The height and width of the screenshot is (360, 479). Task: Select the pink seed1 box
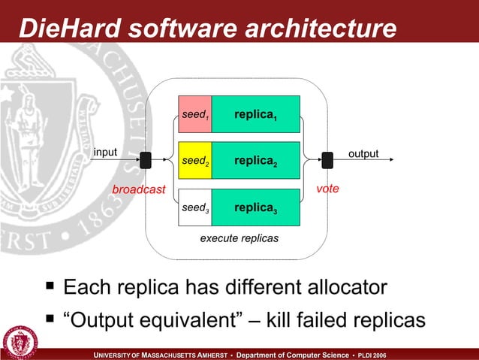pos(194,115)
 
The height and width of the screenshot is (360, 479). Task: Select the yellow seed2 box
pos(194,161)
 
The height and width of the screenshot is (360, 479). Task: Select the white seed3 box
pos(194,207)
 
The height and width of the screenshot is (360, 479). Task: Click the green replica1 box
pos(256,115)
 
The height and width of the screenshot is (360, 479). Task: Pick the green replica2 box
pos(256,161)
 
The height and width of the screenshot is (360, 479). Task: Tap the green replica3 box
pos(256,207)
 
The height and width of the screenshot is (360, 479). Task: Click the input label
pos(105,152)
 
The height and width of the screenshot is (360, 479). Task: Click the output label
pos(363,153)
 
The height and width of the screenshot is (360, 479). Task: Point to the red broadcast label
pos(138,189)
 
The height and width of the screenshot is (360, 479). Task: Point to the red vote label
pos(327,189)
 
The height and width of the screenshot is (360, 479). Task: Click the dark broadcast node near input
pos(146,160)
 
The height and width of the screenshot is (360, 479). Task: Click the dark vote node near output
pos(327,160)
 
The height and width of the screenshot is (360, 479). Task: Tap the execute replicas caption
pos(239,237)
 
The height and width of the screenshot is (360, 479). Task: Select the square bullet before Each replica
pos(50,286)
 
